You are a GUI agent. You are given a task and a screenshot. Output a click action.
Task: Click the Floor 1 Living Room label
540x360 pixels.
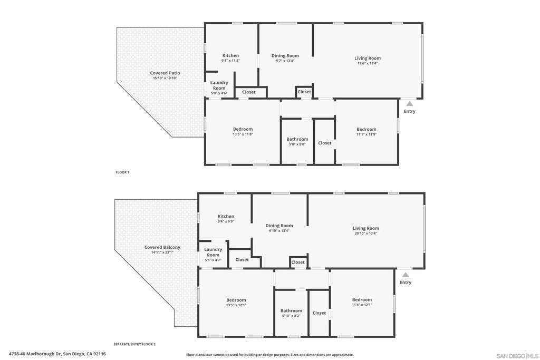368,58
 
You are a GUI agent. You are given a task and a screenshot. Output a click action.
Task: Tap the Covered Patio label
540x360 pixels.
165,73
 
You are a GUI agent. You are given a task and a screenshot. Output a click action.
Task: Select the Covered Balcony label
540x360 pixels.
162,247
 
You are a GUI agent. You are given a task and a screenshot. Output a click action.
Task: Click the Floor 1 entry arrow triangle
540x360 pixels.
409,104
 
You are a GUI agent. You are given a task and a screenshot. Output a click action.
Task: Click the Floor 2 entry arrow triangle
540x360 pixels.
406,275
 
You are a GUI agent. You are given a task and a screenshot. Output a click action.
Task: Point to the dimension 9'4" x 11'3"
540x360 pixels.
230,61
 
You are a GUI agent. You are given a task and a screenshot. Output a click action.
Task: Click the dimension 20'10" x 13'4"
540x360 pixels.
366,233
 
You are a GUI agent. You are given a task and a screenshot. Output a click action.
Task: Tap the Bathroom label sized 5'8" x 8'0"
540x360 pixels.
297,139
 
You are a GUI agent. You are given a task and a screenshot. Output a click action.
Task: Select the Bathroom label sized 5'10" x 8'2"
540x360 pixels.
291,310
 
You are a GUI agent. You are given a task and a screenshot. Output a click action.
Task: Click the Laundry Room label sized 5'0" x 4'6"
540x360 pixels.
219,85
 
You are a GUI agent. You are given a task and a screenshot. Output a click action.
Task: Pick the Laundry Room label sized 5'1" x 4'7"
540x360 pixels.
213,252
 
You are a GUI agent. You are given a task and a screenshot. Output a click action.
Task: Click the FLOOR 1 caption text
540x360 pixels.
122,172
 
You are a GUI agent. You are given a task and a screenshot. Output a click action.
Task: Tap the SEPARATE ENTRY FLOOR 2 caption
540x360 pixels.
134,344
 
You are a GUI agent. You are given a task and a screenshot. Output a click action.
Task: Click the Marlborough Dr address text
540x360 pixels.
57,354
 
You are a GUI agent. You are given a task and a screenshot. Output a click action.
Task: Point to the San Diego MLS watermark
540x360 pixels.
517,356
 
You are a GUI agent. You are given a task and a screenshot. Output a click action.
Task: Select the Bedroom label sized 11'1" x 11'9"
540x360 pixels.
367,129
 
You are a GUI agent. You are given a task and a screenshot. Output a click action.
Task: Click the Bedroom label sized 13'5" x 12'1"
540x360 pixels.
236,300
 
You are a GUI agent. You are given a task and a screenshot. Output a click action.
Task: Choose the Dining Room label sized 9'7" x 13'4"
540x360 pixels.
285,55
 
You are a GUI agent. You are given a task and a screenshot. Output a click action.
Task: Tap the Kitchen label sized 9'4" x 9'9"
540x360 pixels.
226,216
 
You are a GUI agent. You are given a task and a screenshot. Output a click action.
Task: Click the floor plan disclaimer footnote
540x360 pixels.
270,355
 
